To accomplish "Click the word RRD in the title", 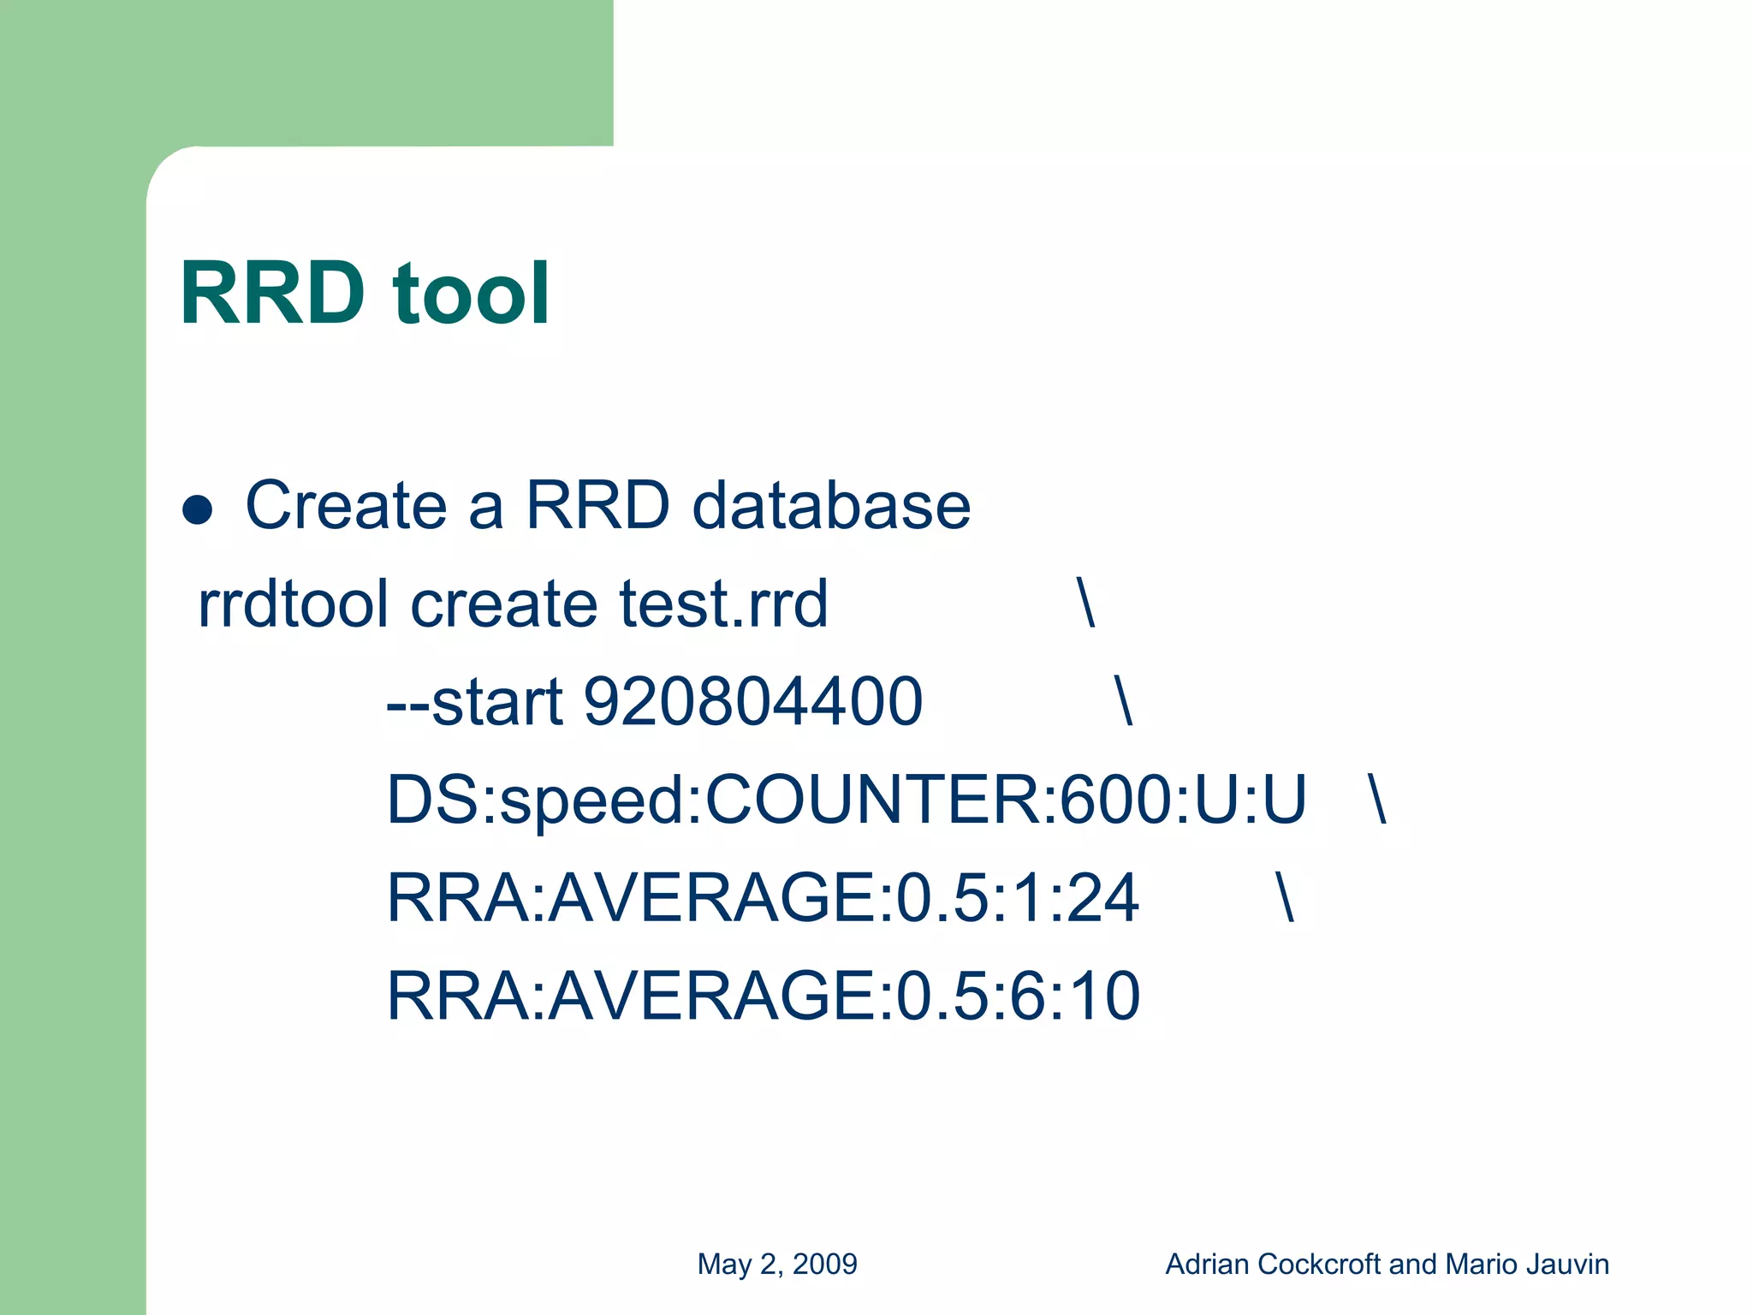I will point(272,294).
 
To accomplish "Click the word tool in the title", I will point(471,294).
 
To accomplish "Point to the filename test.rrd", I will point(723,604).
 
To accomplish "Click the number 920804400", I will point(752,702).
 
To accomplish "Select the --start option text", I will point(474,702).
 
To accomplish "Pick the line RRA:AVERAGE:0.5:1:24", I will point(762,898).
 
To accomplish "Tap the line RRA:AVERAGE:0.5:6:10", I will point(762,996).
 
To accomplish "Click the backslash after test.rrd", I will point(1085,604).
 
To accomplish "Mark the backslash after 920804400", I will point(1123,702).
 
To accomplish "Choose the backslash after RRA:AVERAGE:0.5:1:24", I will point(1284,898).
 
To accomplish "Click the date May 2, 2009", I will point(776,1264).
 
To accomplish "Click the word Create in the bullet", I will point(346,505).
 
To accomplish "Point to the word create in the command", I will point(504,604).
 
